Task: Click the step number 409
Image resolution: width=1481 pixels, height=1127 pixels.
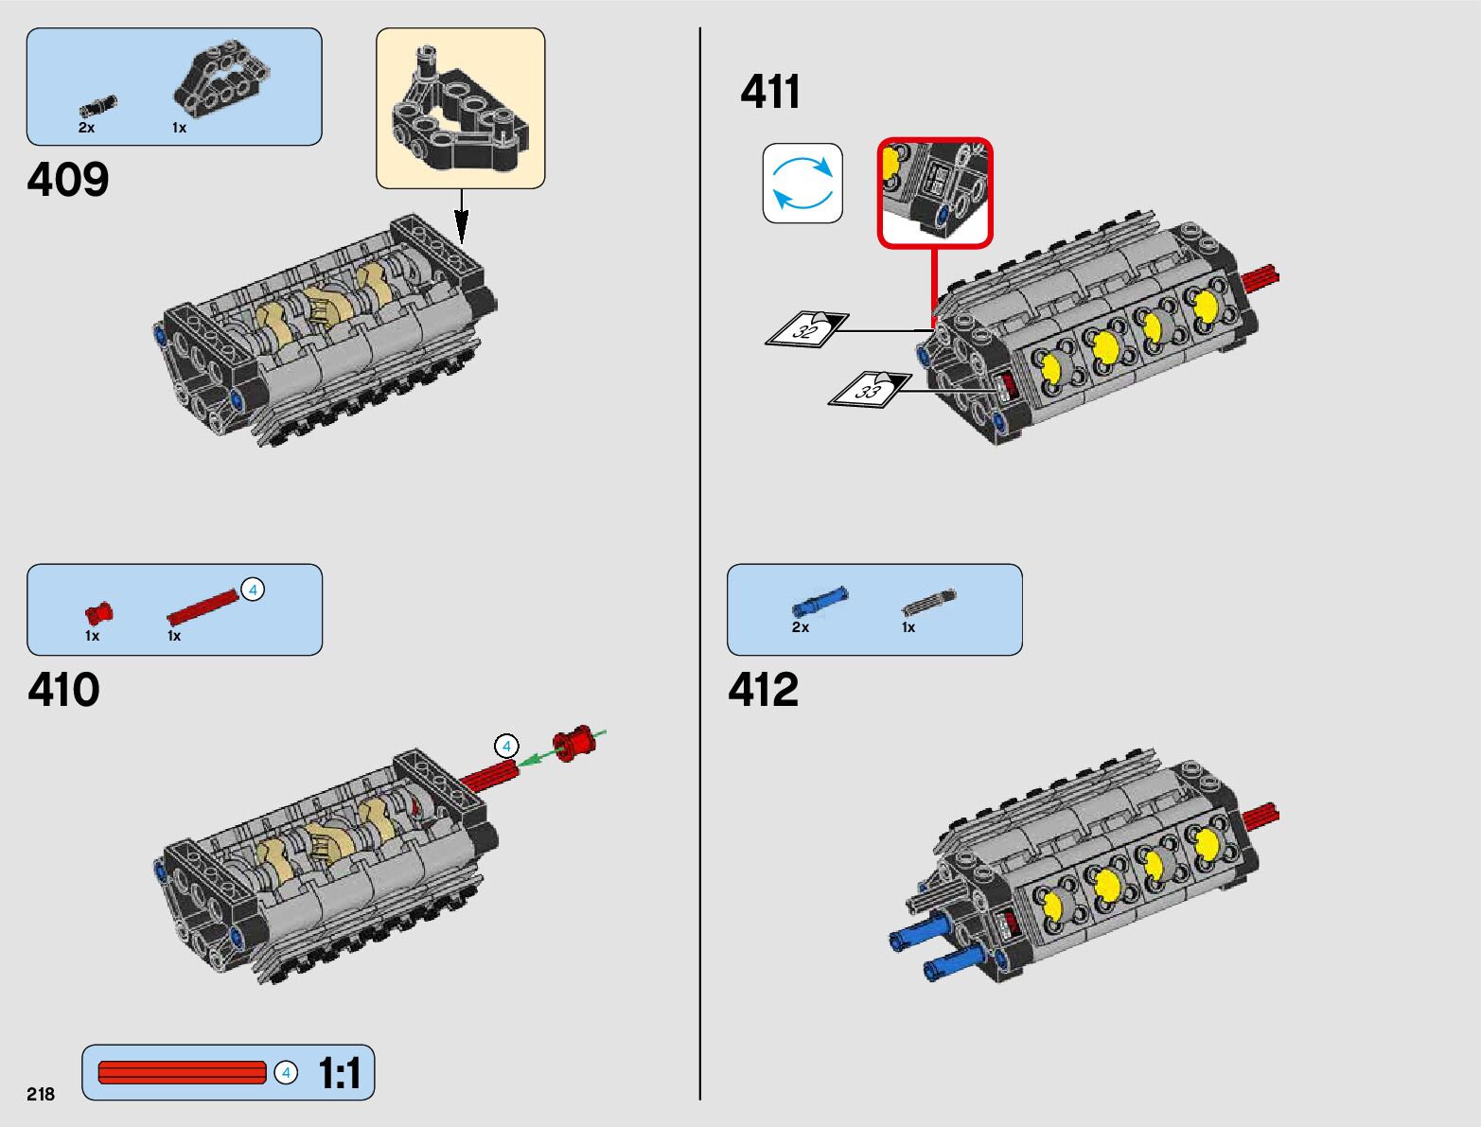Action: click(x=68, y=180)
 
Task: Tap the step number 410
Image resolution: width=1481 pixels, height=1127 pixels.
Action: click(x=63, y=690)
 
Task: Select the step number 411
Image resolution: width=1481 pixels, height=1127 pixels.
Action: click(x=770, y=93)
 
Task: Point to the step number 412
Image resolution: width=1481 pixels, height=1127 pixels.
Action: click(x=764, y=690)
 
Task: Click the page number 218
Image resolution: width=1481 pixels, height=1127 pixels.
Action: click(x=41, y=1094)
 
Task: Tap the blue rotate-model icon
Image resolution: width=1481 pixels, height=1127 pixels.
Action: click(x=802, y=184)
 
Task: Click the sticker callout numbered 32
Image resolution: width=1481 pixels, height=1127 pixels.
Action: click(x=806, y=329)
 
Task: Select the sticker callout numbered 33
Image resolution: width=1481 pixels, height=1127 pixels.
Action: click(x=869, y=389)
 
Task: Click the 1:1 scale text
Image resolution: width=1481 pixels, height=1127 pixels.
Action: click(x=339, y=1074)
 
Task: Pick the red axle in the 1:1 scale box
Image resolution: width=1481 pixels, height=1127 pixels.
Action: click(x=182, y=1073)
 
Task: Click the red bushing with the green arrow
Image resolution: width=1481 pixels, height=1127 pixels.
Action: click(x=573, y=743)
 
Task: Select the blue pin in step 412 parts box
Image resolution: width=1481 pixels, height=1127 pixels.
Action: click(x=820, y=601)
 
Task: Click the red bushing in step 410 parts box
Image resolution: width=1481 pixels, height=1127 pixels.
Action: click(x=98, y=613)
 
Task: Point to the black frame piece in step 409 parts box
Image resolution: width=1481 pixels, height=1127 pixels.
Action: click(x=222, y=78)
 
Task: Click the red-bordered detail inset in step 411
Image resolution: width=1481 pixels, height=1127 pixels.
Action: click(x=935, y=193)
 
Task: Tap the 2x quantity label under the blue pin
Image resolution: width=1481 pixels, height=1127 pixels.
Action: click(x=801, y=627)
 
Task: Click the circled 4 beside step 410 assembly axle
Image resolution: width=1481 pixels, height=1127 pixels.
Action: click(x=506, y=747)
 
